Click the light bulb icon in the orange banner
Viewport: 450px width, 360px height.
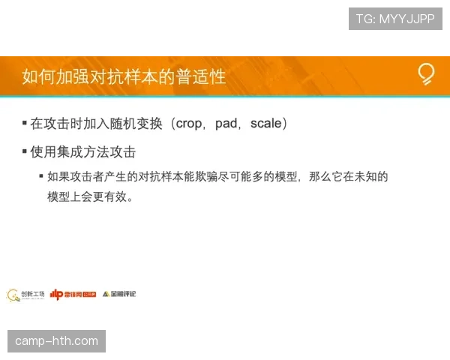[x=426, y=74]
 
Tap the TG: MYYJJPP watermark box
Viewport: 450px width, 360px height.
[x=395, y=19]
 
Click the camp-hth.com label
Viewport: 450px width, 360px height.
[x=56, y=341]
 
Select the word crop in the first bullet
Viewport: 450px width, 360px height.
[x=188, y=124]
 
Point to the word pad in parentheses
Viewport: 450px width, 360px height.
[x=226, y=124]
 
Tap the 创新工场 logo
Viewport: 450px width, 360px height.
[x=25, y=295]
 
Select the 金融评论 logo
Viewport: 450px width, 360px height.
[x=119, y=294]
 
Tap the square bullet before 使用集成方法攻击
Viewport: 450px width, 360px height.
[x=25, y=152]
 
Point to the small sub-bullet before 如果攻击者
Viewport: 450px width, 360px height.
[x=41, y=177]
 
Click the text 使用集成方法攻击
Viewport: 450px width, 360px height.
[x=83, y=152]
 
